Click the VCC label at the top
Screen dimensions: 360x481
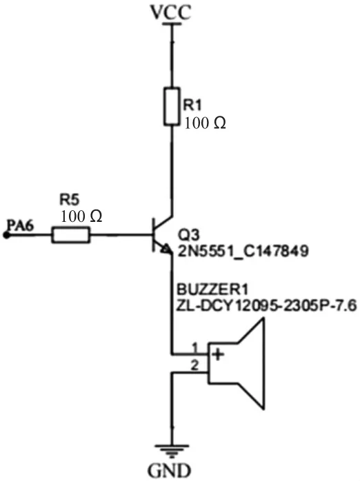coord(170,12)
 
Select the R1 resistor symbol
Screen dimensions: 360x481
coord(172,106)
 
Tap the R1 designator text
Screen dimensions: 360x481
coord(192,105)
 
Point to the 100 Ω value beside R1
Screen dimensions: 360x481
coord(205,123)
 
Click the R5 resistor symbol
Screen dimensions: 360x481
coord(71,235)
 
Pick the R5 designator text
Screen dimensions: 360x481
coord(69,199)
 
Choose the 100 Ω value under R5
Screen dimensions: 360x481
coord(81,216)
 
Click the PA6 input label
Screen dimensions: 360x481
coord(21,225)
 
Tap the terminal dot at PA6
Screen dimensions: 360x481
coord(6,235)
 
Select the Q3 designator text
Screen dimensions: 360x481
coord(189,235)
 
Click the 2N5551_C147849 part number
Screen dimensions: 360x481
coord(243,252)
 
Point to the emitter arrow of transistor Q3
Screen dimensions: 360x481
coord(166,249)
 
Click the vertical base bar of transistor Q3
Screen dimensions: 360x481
coord(153,235)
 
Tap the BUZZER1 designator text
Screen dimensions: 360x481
coord(212,289)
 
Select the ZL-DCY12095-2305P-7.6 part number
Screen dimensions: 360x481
coord(266,306)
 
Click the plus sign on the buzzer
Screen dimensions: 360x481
coord(218,355)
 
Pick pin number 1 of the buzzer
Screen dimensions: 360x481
coord(195,348)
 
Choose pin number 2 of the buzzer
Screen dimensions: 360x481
coord(195,365)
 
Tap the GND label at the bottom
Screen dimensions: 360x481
coord(169,470)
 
